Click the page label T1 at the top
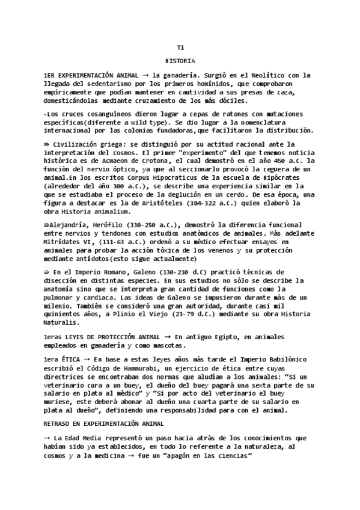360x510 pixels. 180,48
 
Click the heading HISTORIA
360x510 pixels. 180,61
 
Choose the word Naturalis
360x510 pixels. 62,322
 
